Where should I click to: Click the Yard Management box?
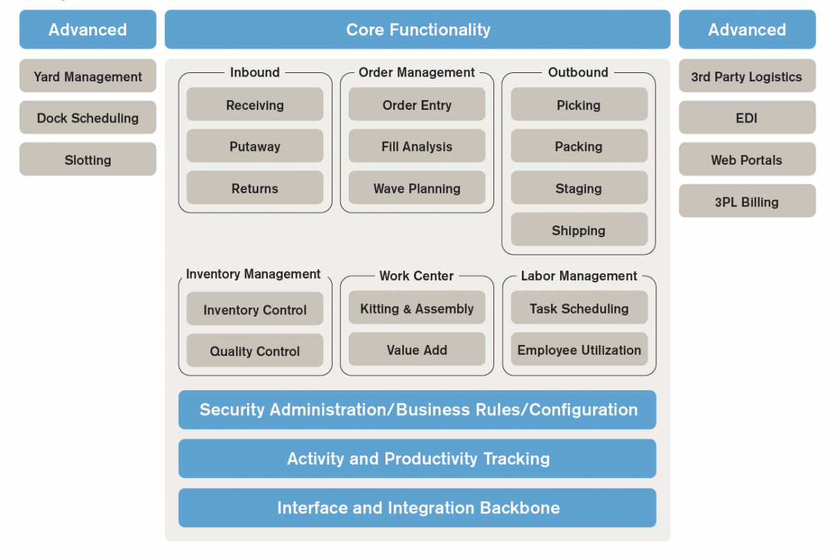coord(88,77)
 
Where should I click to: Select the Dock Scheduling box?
coord(88,118)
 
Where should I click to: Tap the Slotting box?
coord(88,159)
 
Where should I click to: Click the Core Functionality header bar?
coord(417,30)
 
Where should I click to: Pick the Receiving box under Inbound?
coord(255,105)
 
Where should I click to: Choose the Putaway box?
coord(255,146)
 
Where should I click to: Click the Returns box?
coord(255,188)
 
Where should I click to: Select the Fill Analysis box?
coord(417,146)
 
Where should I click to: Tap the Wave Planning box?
coord(417,188)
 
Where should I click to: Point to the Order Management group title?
coord(417,72)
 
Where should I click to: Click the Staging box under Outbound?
coord(579,188)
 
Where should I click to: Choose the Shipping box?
coord(579,230)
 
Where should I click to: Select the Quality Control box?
coord(255,351)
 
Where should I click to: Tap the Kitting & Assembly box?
coord(417,308)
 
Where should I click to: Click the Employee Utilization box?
coord(579,350)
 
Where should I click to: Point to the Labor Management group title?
coord(579,276)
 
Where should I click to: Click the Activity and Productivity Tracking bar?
coord(417,458)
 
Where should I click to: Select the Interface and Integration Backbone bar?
coord(417,508)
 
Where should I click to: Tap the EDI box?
coord(747,118)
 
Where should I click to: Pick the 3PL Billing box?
coord(747,202)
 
